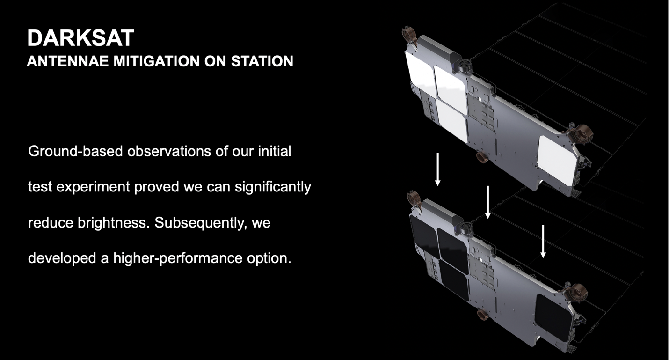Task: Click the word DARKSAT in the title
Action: [x=80, y=38]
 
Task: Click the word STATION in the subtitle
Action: [x=262, y=61]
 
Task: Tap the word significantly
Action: [x=273, y=187]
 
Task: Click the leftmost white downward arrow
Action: [x=438, y=169]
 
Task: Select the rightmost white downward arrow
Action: [x=543, y=241]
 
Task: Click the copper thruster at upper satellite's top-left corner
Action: [x=409, y=35]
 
